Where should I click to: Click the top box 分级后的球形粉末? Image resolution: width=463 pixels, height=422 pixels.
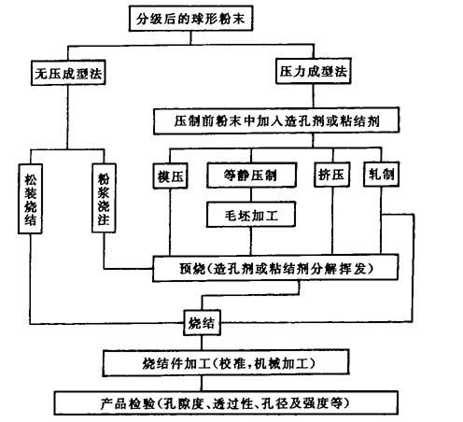point(190,19)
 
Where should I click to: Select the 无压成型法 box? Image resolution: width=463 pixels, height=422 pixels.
point(68,74)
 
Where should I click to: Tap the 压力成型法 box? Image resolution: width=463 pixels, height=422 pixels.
point(314,71)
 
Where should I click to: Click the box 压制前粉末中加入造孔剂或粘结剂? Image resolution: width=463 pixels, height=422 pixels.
point(276,120)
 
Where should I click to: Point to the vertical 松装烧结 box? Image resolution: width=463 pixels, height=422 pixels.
point(30,199)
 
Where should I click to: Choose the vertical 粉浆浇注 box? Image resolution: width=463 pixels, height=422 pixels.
point(104,198)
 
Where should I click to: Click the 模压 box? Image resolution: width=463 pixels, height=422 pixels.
point(170,176)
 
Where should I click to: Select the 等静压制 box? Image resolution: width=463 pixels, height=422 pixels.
point(251,176)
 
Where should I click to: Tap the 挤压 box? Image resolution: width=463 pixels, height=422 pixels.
point(331,175)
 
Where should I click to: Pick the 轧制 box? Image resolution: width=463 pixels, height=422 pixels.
point(381,175)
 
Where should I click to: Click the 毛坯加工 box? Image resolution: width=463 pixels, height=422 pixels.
point(251,215)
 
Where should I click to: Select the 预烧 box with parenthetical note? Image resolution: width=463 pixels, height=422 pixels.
point(275,268)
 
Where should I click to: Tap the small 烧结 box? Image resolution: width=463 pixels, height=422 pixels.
point(202,323)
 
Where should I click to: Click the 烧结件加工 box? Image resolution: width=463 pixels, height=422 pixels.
point(226,363)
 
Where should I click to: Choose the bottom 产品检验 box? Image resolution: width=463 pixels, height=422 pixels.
point(226,403)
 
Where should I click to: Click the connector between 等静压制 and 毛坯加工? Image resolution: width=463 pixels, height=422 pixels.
point(251,195)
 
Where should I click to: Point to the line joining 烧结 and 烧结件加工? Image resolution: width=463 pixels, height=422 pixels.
point(202,343)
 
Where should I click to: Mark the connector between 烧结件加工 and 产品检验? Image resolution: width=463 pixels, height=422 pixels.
point(202,383)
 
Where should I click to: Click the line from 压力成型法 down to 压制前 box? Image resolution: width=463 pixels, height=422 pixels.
point(313,96)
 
